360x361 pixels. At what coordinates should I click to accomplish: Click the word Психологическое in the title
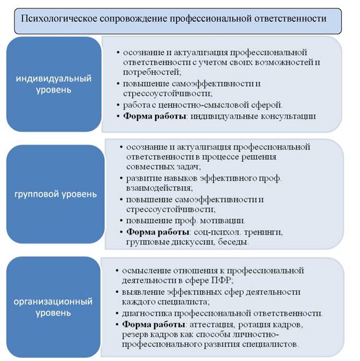click(59, 19)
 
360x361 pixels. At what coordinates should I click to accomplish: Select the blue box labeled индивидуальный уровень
click(54, 84)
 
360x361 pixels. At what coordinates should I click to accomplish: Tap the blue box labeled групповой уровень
click(55, 194)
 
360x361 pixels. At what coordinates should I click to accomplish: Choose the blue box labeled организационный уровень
click(54, 307)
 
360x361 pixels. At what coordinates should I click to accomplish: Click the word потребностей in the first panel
click(152, 72)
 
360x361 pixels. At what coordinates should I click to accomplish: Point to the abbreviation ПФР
click(222, 281)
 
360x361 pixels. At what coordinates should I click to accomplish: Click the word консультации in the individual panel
click(288, 116)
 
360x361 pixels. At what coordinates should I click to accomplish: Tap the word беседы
click(233, 242)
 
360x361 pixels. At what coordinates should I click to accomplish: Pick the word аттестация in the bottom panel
click(212, 324)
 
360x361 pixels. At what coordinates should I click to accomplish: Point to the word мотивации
click(222, 221)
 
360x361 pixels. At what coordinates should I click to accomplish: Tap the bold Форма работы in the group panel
click(158, 232)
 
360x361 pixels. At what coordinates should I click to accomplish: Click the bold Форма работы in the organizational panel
click(154, 324)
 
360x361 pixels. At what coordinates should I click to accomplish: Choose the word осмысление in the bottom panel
click(146, 271)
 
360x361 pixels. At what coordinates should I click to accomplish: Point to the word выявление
click(143, 292)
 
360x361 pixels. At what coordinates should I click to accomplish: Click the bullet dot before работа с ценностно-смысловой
click(118, 106)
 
